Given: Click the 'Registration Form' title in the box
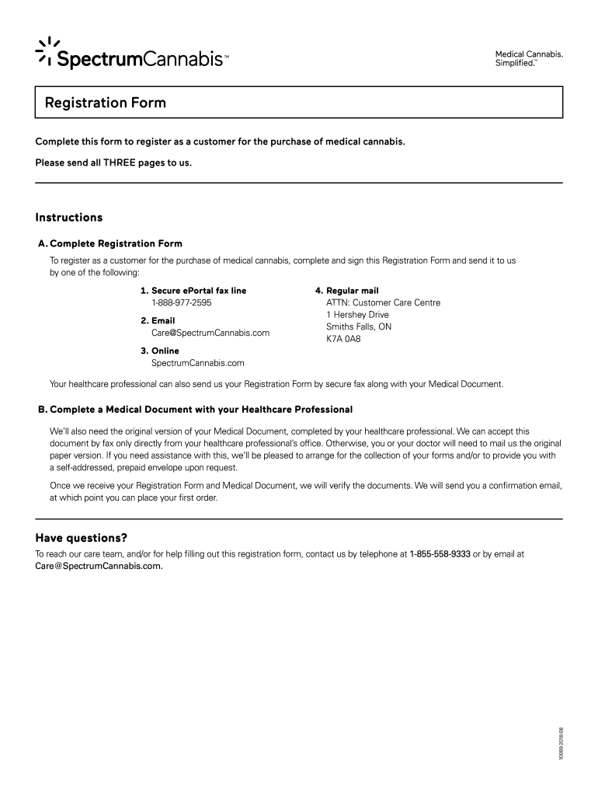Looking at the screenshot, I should [106, 103].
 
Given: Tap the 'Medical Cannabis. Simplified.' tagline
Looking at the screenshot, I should [529, 58].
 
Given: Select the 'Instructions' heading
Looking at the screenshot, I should [69, 218].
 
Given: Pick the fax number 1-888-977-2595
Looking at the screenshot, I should [182, 302].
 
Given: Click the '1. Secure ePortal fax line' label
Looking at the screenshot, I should [193, 291].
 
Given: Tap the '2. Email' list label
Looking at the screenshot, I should [158, 320].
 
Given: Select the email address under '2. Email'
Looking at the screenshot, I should [210, 333].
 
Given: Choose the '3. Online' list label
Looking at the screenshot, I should [159, 351].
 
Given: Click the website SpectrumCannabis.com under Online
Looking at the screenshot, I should [198, 363].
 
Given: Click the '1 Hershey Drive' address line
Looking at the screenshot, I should [357, 315].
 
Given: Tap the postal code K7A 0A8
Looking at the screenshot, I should [343, 339].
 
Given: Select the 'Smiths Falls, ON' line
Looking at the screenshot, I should [359, 327].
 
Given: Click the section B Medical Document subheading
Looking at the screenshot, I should [195, 409].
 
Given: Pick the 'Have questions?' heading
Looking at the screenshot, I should [82, 538].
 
